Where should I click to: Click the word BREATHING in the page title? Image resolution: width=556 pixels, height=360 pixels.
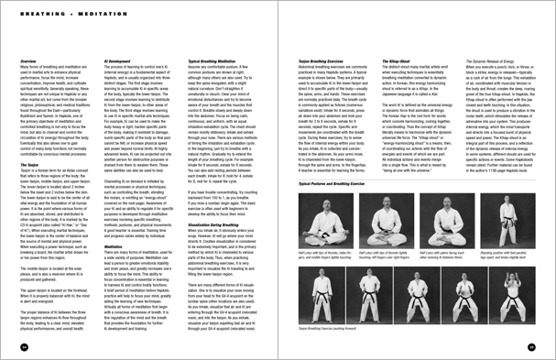click(37, 13)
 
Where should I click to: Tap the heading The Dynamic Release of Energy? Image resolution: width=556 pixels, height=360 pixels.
click(496, 61)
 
